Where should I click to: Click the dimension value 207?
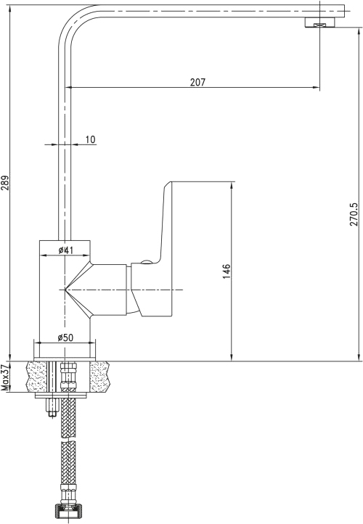tap(197, 82)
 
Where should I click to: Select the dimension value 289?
tap(5, 183)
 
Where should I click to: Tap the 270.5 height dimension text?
tap(354, 211)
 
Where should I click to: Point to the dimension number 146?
tap(227, 271)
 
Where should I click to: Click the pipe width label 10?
tap(90, 139)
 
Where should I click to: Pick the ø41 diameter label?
tap(65, 250)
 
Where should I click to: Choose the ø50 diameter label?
tap(65, 337)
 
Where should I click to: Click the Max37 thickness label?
tap(5, 377)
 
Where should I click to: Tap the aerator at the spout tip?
tap(320, 22)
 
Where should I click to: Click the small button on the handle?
tap(146, 262)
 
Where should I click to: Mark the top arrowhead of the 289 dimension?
tap(10, 9)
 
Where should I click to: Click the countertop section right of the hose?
tap(100, 376)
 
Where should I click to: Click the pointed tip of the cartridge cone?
tap(65, 290)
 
